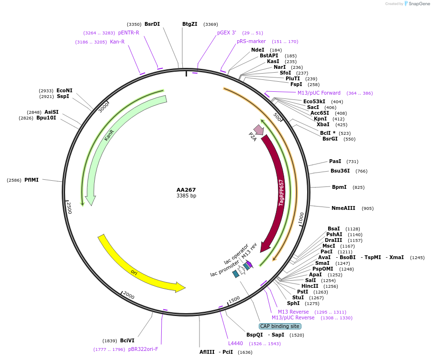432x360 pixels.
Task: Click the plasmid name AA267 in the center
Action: click(x=186, y=190)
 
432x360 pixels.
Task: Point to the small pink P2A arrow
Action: click(x=259, y=130)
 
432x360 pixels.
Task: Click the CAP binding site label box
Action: click(x=280, y=326)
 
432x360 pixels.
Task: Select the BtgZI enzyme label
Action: click(x=190, y=24)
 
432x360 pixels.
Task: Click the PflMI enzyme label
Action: click(x=32, y=180)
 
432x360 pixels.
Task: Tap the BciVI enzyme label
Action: click(x=127, y=340)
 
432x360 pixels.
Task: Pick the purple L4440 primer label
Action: click(x=236, y=343)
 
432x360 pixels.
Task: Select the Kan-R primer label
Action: click(x=117, y=42)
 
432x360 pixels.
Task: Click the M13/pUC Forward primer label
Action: click(x=319, y=93)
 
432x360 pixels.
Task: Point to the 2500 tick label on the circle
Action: click(x=69, y=207)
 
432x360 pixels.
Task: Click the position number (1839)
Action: click(x=110, y=341)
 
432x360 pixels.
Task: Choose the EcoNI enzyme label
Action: click(x=65, y=90)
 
